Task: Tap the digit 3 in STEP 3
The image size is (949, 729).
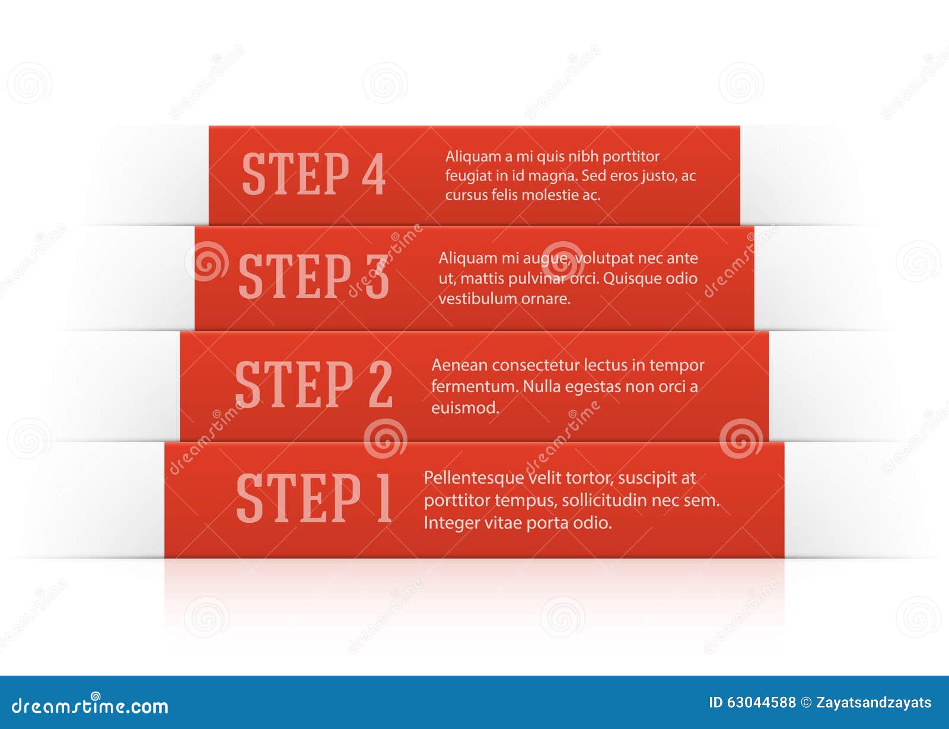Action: pos(377,277)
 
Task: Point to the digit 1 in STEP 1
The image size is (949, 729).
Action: pos(384,498)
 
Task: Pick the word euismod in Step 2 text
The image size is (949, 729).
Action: pos(465,408)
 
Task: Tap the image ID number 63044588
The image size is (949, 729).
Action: pos(761,703)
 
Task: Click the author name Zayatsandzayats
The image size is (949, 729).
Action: pos(874,703)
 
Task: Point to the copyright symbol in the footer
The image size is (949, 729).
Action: pos(806,703)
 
